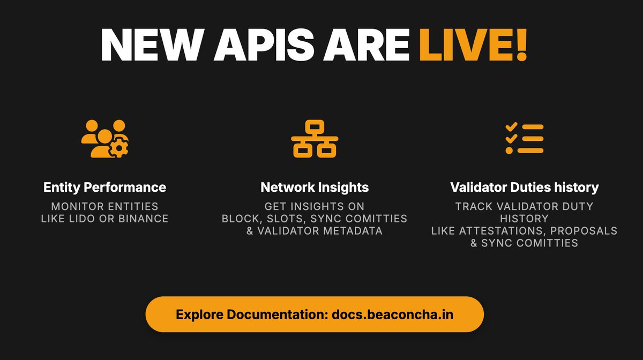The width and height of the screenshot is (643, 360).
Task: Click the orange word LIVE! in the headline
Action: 473,46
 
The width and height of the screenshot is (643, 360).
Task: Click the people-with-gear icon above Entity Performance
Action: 105,138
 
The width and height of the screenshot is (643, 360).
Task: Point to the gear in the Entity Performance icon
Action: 119,147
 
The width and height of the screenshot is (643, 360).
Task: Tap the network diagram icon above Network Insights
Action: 315,139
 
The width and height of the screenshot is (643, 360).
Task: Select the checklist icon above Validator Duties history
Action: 525,139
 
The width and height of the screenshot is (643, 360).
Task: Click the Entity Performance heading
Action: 105,187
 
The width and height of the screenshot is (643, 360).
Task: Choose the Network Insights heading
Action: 315,187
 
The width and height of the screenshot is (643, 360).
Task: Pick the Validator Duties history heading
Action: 525,187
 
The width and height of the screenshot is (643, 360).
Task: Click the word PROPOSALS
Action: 584,231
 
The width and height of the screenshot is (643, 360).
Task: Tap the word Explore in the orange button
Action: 196,314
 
